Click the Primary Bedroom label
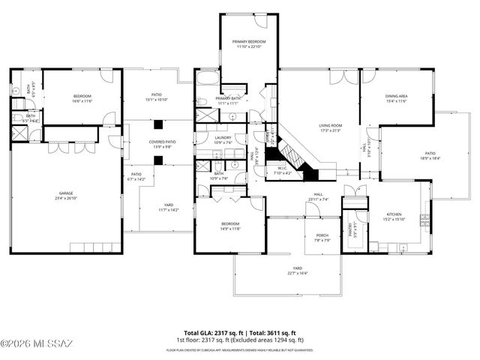[x=249, y=41]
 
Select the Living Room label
[x=331, y=125]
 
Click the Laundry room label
[x=223, y=137]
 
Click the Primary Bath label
[x=227, y=98]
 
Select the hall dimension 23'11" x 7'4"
[x=318, y=199]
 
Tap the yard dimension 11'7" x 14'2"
[x=169, y=210]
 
